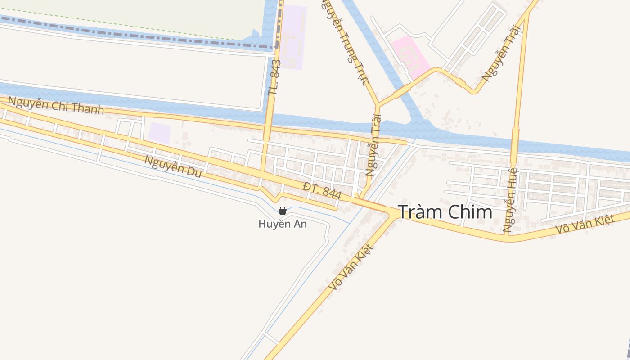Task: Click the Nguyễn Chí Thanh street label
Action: [x=56, y=105]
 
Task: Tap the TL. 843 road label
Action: [x=274, y=77]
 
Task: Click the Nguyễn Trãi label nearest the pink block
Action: [x=501, y=53]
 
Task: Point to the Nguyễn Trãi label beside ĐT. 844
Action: [x=373, y=145]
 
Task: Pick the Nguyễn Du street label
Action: [x=173, y=166]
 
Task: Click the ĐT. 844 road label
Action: [x=322, y=191]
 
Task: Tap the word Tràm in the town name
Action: [x=421, y=212]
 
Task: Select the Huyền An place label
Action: [x=283, y=224]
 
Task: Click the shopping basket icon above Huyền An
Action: [x=283, y=211]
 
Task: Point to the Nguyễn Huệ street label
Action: [x=511, y=200]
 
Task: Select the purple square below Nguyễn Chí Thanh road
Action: [x=159, y=133]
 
